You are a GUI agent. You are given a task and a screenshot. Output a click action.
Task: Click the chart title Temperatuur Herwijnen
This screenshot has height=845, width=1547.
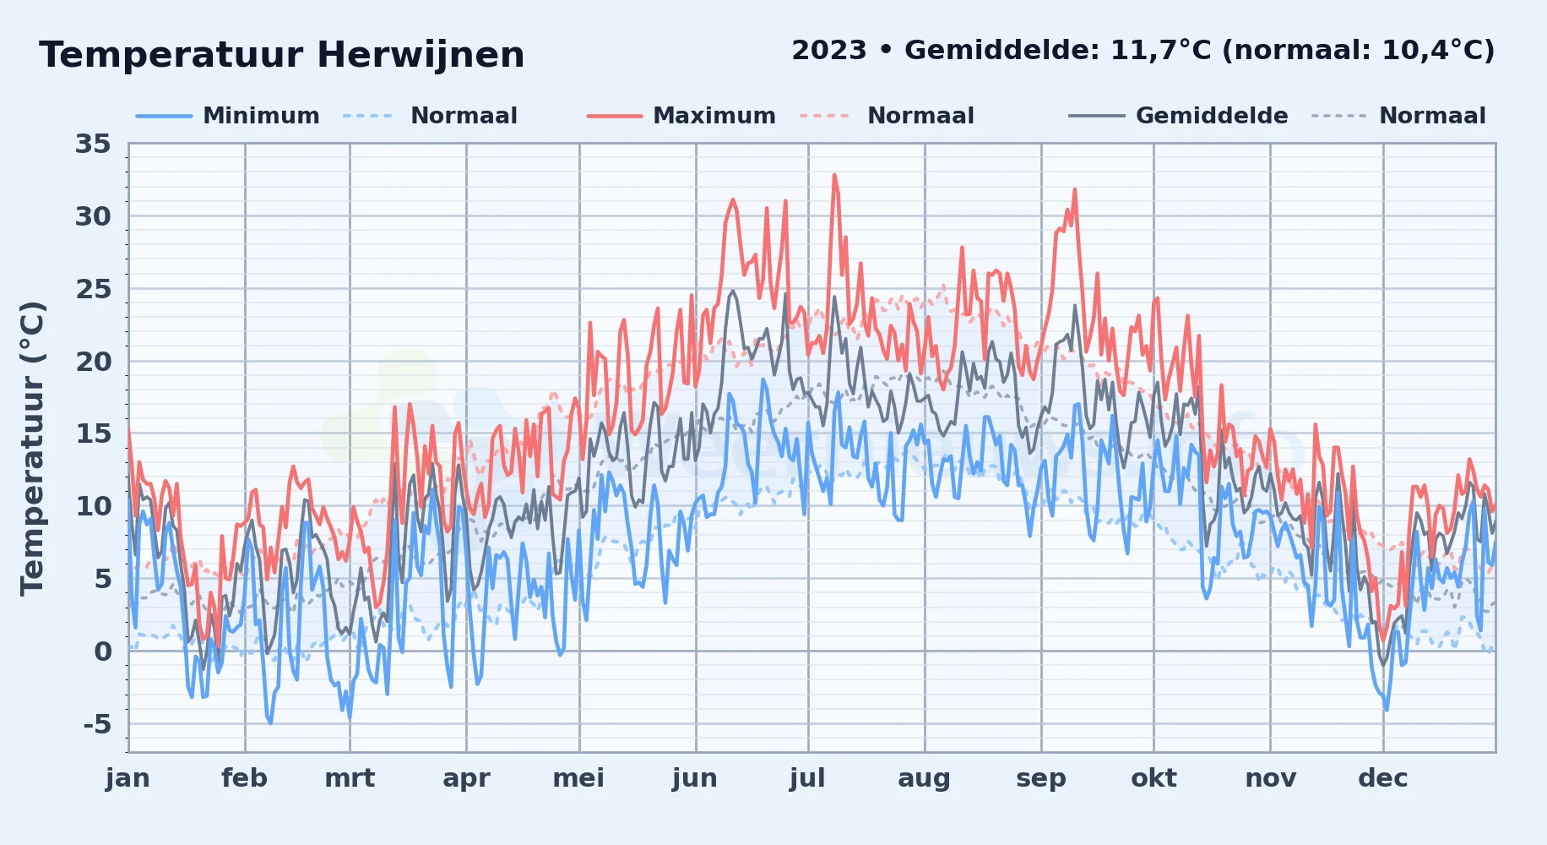[x=281, y=55]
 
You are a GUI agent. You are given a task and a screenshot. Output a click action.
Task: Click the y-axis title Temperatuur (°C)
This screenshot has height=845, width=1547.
[x=32, y=448]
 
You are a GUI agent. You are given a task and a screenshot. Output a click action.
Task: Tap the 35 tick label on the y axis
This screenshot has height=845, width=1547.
[x=93, y=144]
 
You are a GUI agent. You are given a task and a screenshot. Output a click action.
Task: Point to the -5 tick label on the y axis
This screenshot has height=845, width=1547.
[x=97, y=724]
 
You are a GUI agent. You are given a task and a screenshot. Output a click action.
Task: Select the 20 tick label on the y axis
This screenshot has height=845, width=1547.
[x=93, y=362]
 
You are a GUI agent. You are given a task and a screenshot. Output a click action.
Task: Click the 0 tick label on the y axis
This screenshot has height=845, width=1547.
[x=102, y=651]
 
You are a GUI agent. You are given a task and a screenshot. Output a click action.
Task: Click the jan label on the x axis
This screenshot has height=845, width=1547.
[x=128, y=778]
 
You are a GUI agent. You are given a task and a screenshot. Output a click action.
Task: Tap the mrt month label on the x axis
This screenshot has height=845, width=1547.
[x=350, y=778]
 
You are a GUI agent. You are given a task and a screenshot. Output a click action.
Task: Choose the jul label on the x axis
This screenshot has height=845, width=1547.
[x=807, y=778]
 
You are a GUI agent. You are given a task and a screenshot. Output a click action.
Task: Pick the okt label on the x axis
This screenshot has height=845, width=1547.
[x=1153, y=778]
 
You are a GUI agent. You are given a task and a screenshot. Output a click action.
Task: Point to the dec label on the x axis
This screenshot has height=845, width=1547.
[x=1383, y=778]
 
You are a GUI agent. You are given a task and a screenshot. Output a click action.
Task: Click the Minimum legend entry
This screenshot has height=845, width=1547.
[x=261, y=116]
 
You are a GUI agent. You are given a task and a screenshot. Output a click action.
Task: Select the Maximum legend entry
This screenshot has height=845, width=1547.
[x=714, y=116]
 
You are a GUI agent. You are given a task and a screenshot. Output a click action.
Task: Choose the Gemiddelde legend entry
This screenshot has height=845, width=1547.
[x=1212, y=116]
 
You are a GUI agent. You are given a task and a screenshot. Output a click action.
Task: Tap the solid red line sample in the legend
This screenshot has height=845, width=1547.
[x=615, y=116]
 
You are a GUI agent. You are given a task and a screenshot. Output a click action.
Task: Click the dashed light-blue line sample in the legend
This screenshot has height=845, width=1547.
[x=368, y=116]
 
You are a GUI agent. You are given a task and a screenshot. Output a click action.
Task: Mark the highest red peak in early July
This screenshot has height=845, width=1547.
[x=834, y=175]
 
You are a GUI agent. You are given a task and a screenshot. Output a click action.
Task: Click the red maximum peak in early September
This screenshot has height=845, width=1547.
[x=1075, y=189]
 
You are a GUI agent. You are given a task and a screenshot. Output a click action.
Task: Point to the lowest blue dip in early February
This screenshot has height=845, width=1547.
[x=270, y=723]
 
